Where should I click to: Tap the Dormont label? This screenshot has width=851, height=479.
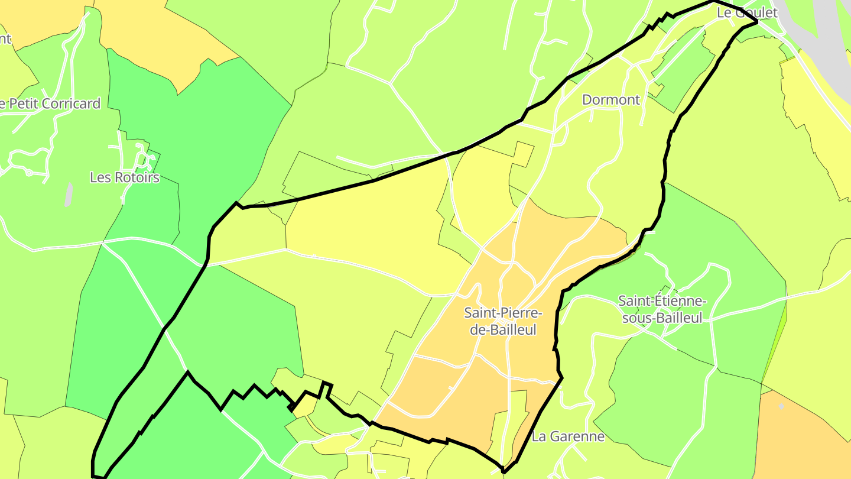point(611,99)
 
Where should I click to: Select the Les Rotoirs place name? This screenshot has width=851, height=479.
point(125,177)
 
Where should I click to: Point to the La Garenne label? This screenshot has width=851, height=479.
point(568,436)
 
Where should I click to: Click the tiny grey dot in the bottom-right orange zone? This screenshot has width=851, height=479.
point(781,407)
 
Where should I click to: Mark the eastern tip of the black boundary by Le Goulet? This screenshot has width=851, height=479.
point(757,21)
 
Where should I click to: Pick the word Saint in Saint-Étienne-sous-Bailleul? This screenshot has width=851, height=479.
point(635,301)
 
